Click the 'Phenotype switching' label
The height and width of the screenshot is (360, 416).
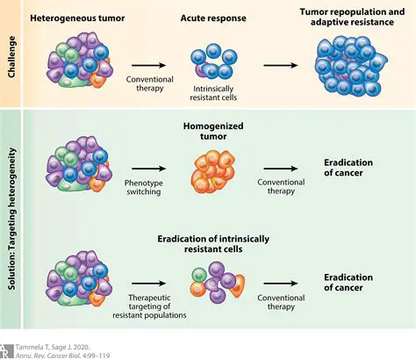tap(152, 184)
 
